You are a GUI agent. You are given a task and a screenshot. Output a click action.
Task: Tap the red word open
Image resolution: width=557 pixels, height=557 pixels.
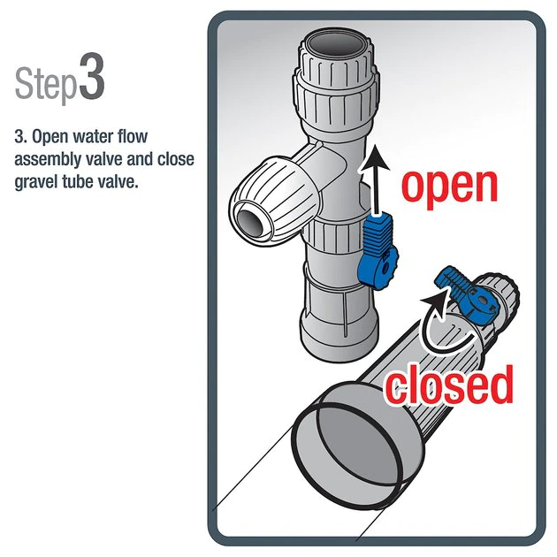pos(449,183)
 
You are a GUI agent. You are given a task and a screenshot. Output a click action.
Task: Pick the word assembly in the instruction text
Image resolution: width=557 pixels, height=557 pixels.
pos(50,159)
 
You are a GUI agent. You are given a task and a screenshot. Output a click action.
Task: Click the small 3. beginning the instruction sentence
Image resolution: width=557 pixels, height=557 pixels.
pos(20,139)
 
